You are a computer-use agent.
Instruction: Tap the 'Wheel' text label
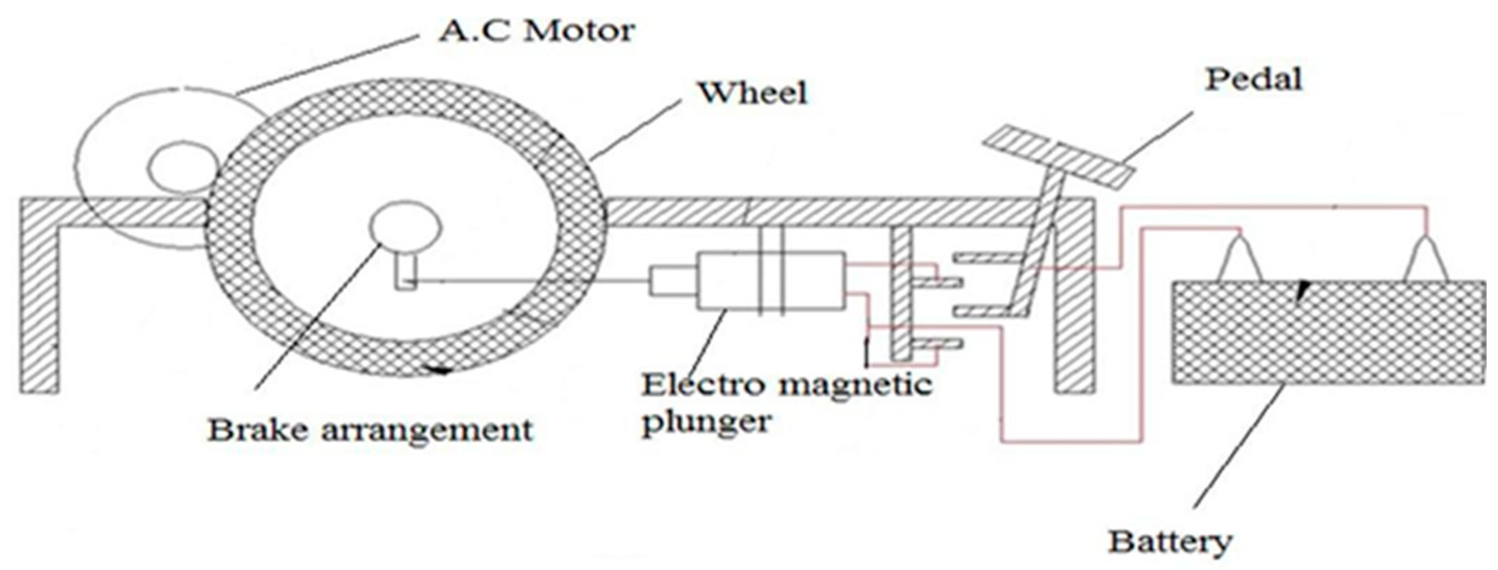752,93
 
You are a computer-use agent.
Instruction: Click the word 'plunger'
707,420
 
